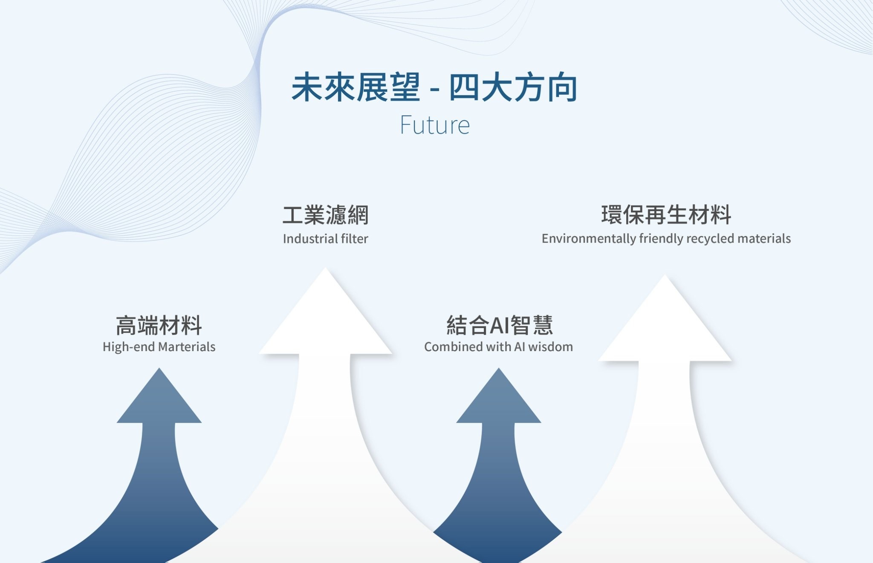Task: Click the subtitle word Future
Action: click(x=435, y=125)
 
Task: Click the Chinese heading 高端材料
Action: click(x=159, y=326)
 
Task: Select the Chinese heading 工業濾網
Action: click(x=326, y=215)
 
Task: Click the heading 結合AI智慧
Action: click(x=499, y=326)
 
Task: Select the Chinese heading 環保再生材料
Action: click(x=666, y=215)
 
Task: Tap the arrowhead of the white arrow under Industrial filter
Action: click(x=326, y=311)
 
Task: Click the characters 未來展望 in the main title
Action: click(x=356, y=87)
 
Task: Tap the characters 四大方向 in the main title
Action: click(x=513, y=87)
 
